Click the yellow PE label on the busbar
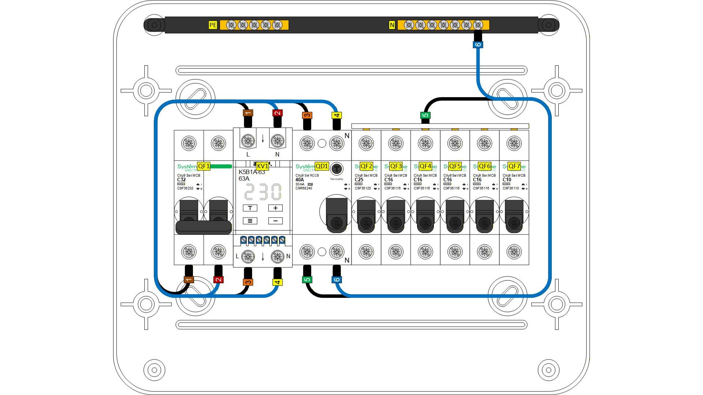pos(213,25)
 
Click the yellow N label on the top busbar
pos(392,25)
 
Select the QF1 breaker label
pos(204,166)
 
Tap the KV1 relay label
pos(262,166)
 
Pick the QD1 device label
pos(321,166)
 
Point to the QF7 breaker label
pos(514,166)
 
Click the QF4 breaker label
pos(425,166)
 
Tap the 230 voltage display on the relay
pos(263,192)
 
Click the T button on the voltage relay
pos(250,208)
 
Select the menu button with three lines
pos(250,221)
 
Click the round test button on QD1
pos(336,169)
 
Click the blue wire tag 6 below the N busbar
pos(478,45)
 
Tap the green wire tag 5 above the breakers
pos(425,115)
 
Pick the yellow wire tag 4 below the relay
pos(278,282)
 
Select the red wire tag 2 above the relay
pos(278,113)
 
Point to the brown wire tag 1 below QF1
pos(189,280)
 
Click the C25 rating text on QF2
pos(359,180)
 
